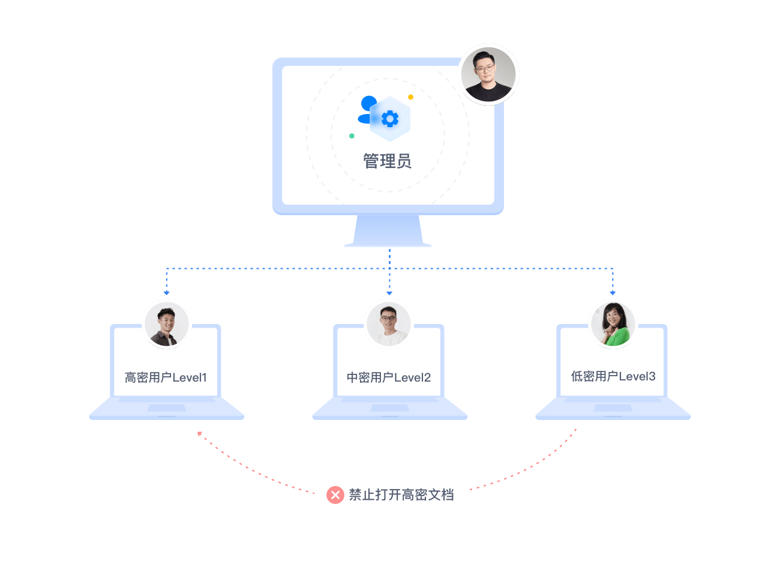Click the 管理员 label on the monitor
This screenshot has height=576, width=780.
387,161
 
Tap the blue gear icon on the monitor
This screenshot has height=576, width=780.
390,119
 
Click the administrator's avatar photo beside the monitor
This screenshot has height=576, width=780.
488,74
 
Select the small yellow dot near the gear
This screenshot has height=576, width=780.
410,97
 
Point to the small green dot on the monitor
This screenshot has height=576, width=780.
352,136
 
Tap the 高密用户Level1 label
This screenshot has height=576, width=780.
166,377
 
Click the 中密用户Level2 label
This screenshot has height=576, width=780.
389,377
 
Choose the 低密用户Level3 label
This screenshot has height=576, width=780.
613,376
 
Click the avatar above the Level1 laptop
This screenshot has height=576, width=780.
167,325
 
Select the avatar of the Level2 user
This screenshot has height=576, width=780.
389,324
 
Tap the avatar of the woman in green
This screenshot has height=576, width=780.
613,324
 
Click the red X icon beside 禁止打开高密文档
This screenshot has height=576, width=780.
335,494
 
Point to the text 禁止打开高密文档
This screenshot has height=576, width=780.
401,494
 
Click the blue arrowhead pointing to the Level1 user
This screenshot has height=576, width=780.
167,293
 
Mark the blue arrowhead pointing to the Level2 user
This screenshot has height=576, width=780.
389,293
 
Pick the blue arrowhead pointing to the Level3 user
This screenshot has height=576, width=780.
613,293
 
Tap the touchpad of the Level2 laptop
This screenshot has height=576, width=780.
390,408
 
